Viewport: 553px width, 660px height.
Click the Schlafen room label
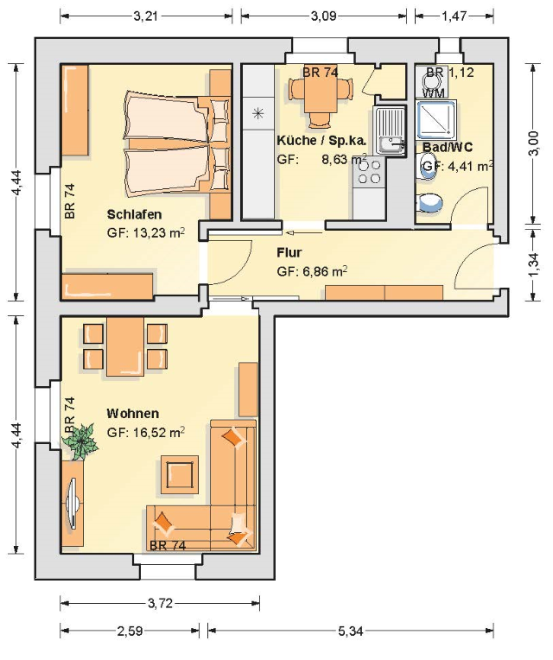pos(134,214)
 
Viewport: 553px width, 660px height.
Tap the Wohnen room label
pos(132,413)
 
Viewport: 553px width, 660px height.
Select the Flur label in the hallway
pos(289,252)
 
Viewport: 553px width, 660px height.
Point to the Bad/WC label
pos(448,147)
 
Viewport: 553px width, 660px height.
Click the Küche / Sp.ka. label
pos(321,140)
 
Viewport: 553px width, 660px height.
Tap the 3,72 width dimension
pos(160,604)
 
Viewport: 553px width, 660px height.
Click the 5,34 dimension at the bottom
pos(350,631)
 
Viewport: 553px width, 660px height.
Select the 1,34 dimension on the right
pos(533,265)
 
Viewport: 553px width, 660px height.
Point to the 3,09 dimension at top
pos(323,16)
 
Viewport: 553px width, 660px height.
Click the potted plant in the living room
pos(80,441)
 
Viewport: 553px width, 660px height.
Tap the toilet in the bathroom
pos(429,203)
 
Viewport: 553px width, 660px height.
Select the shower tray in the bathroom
pos(436,119)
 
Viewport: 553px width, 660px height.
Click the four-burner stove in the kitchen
pos(369,172)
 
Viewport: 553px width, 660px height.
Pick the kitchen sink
pos(390,130)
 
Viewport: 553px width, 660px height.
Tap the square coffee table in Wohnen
pos(180,474)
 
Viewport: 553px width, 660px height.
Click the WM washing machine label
pos(433,92)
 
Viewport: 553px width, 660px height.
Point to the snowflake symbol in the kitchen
pos(258,113)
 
